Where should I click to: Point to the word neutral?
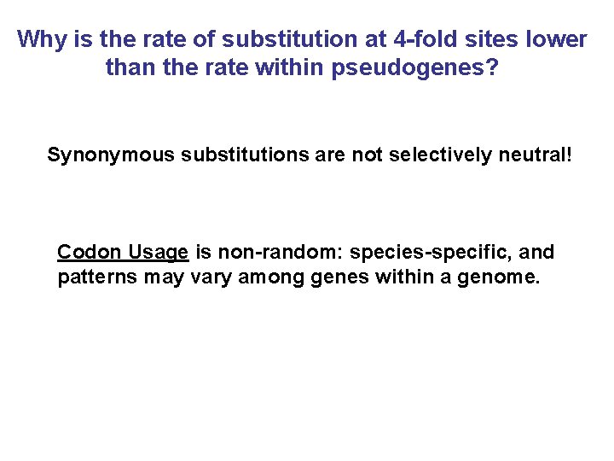(539, 155)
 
